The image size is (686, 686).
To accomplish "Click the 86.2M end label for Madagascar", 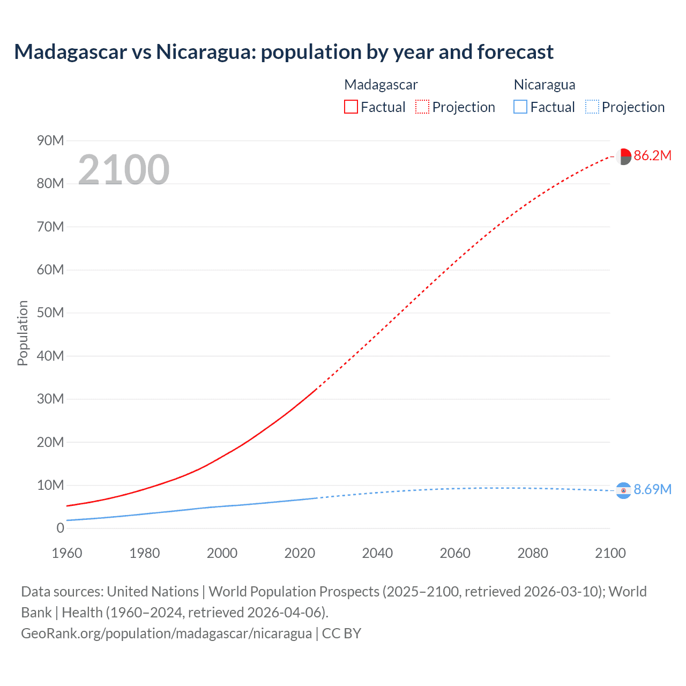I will (652, 156).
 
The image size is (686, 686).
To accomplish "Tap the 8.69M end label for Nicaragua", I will (652, 489).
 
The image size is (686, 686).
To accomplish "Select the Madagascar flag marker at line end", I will (623, 156).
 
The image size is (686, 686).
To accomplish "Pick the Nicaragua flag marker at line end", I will (623, 490).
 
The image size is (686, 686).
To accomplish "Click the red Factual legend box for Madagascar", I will (351, 107).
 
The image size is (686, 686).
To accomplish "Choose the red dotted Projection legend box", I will (422, 107).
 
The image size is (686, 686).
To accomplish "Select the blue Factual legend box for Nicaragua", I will (520, 107).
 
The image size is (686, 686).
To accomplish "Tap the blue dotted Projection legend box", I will (592, 107).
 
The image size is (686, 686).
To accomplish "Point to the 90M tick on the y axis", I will (50, 140).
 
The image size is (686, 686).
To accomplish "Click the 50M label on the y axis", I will (50, 312).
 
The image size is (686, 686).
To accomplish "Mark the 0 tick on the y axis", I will (60, 528).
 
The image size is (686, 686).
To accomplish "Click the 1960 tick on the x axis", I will (67, 553).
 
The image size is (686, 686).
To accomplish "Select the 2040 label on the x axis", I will (377, 553).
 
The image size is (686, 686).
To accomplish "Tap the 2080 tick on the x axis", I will (533, 553).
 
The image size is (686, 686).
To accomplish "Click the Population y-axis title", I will (23, 333).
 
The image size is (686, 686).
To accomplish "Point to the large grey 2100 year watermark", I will (124, 170).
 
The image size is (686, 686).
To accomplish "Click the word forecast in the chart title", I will (515, 52).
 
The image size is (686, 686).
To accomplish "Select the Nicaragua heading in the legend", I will (545, 85).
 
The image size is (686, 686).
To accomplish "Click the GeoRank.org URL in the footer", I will (166, 633).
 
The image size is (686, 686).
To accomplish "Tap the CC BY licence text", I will (341, 633).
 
